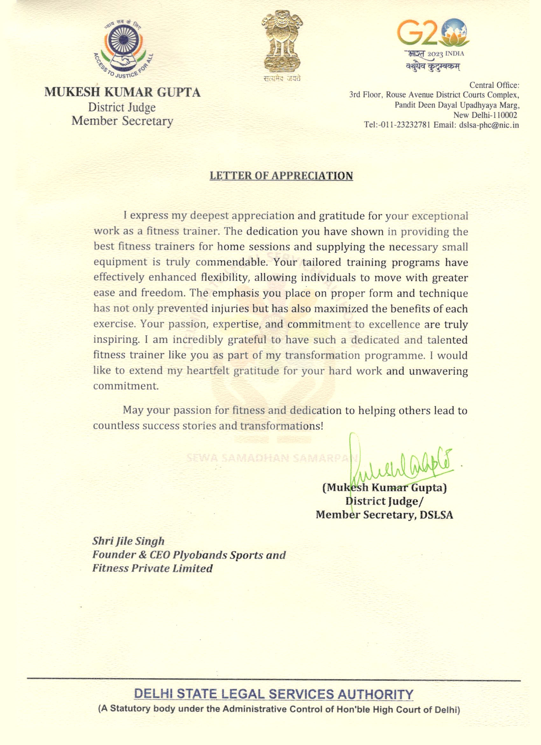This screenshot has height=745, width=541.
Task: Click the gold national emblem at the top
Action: point(282,42)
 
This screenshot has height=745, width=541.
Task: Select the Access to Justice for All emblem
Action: point(123,49)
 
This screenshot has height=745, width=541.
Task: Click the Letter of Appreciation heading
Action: point(281,176)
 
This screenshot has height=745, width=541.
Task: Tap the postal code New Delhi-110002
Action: point(485,115)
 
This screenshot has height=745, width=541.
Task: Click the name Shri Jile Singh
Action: point(128,541)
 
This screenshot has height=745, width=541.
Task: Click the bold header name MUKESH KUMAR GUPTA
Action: point(123,92)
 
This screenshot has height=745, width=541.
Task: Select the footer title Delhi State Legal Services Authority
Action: point(274,694)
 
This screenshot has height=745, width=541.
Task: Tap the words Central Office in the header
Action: point(494,85)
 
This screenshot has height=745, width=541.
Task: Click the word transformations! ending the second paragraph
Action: point(282,426)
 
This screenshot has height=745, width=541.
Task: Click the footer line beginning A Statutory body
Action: point(279,709)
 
